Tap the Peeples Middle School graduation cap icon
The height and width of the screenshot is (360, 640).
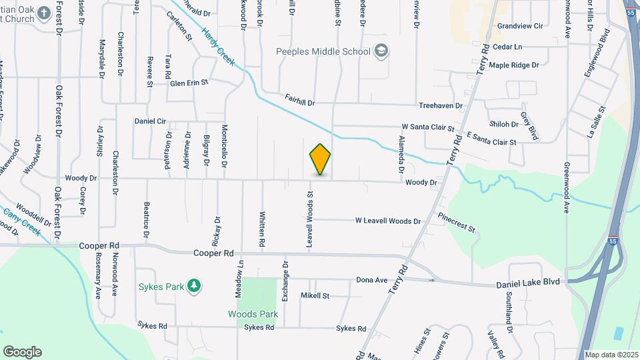(381, 51)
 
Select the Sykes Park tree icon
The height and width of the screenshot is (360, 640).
(193, 286)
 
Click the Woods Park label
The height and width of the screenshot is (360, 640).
(253, 314)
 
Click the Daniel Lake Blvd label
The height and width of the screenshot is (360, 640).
(531, 285)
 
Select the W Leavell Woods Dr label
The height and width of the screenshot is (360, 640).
(388, 221)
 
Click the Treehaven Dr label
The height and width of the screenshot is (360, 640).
(440, 106)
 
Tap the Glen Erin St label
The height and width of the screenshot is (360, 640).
(189, 83)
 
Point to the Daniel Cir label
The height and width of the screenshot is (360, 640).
(150, 121)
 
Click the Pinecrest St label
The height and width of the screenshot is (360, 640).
(457, 223)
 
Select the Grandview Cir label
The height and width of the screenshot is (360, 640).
(521, 26)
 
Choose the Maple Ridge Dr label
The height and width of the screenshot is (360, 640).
(513, 65)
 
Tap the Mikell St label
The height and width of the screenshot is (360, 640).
(315, 295)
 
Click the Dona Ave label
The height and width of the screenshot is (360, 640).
(372, 280)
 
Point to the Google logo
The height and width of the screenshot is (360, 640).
(22, 352)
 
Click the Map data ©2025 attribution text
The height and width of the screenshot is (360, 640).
(611, 355)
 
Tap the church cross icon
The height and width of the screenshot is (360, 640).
(44, 13)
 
